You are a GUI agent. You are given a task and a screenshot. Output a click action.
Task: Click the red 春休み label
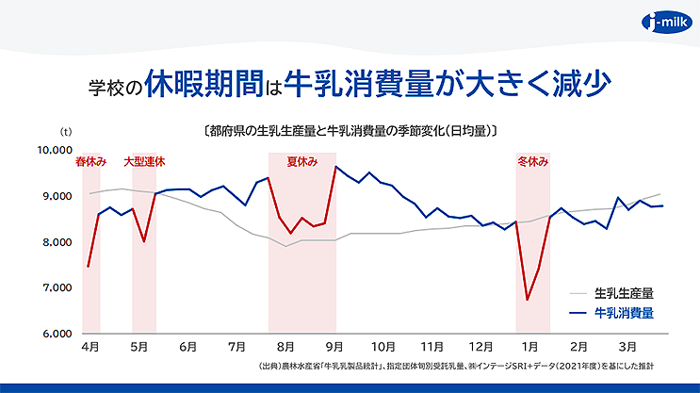pos(90,162)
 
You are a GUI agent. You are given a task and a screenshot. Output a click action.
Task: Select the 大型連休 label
pos(144,162)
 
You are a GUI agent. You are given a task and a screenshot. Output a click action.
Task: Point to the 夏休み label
pos(301,162)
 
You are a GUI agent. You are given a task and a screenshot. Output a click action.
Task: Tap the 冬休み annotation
pos(533,162)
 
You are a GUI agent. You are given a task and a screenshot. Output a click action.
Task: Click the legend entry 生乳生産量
pos(624,292)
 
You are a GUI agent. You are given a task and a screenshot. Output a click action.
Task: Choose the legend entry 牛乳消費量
pos(624,310)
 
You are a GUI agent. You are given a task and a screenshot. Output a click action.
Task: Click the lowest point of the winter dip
pos(527,300)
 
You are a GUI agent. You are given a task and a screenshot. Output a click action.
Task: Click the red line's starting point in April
pos(88,267)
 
